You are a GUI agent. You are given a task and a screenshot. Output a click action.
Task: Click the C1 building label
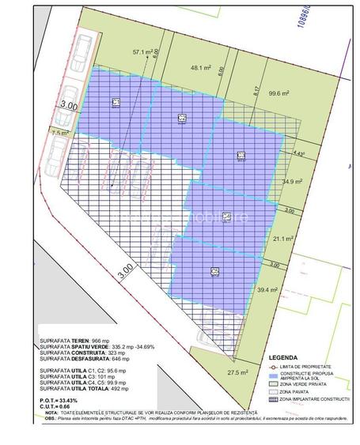pos(116,102)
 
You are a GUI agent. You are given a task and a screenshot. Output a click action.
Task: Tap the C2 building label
pos(182,118)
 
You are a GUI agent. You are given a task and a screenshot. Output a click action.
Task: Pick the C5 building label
pos(214,271)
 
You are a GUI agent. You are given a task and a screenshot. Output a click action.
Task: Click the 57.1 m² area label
pos(143,51)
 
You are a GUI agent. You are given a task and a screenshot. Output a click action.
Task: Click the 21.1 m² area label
pos(283,238)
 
